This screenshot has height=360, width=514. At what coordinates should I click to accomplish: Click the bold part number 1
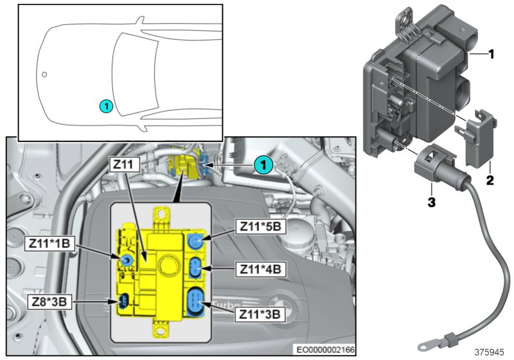pos(490,55)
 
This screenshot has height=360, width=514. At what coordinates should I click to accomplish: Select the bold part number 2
pos(489,181)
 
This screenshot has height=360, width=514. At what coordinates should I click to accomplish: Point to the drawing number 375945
pos(490,352)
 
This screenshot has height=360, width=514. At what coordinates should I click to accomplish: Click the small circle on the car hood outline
pos(44,74)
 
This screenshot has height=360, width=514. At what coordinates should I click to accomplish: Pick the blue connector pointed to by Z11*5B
pos(196,241)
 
